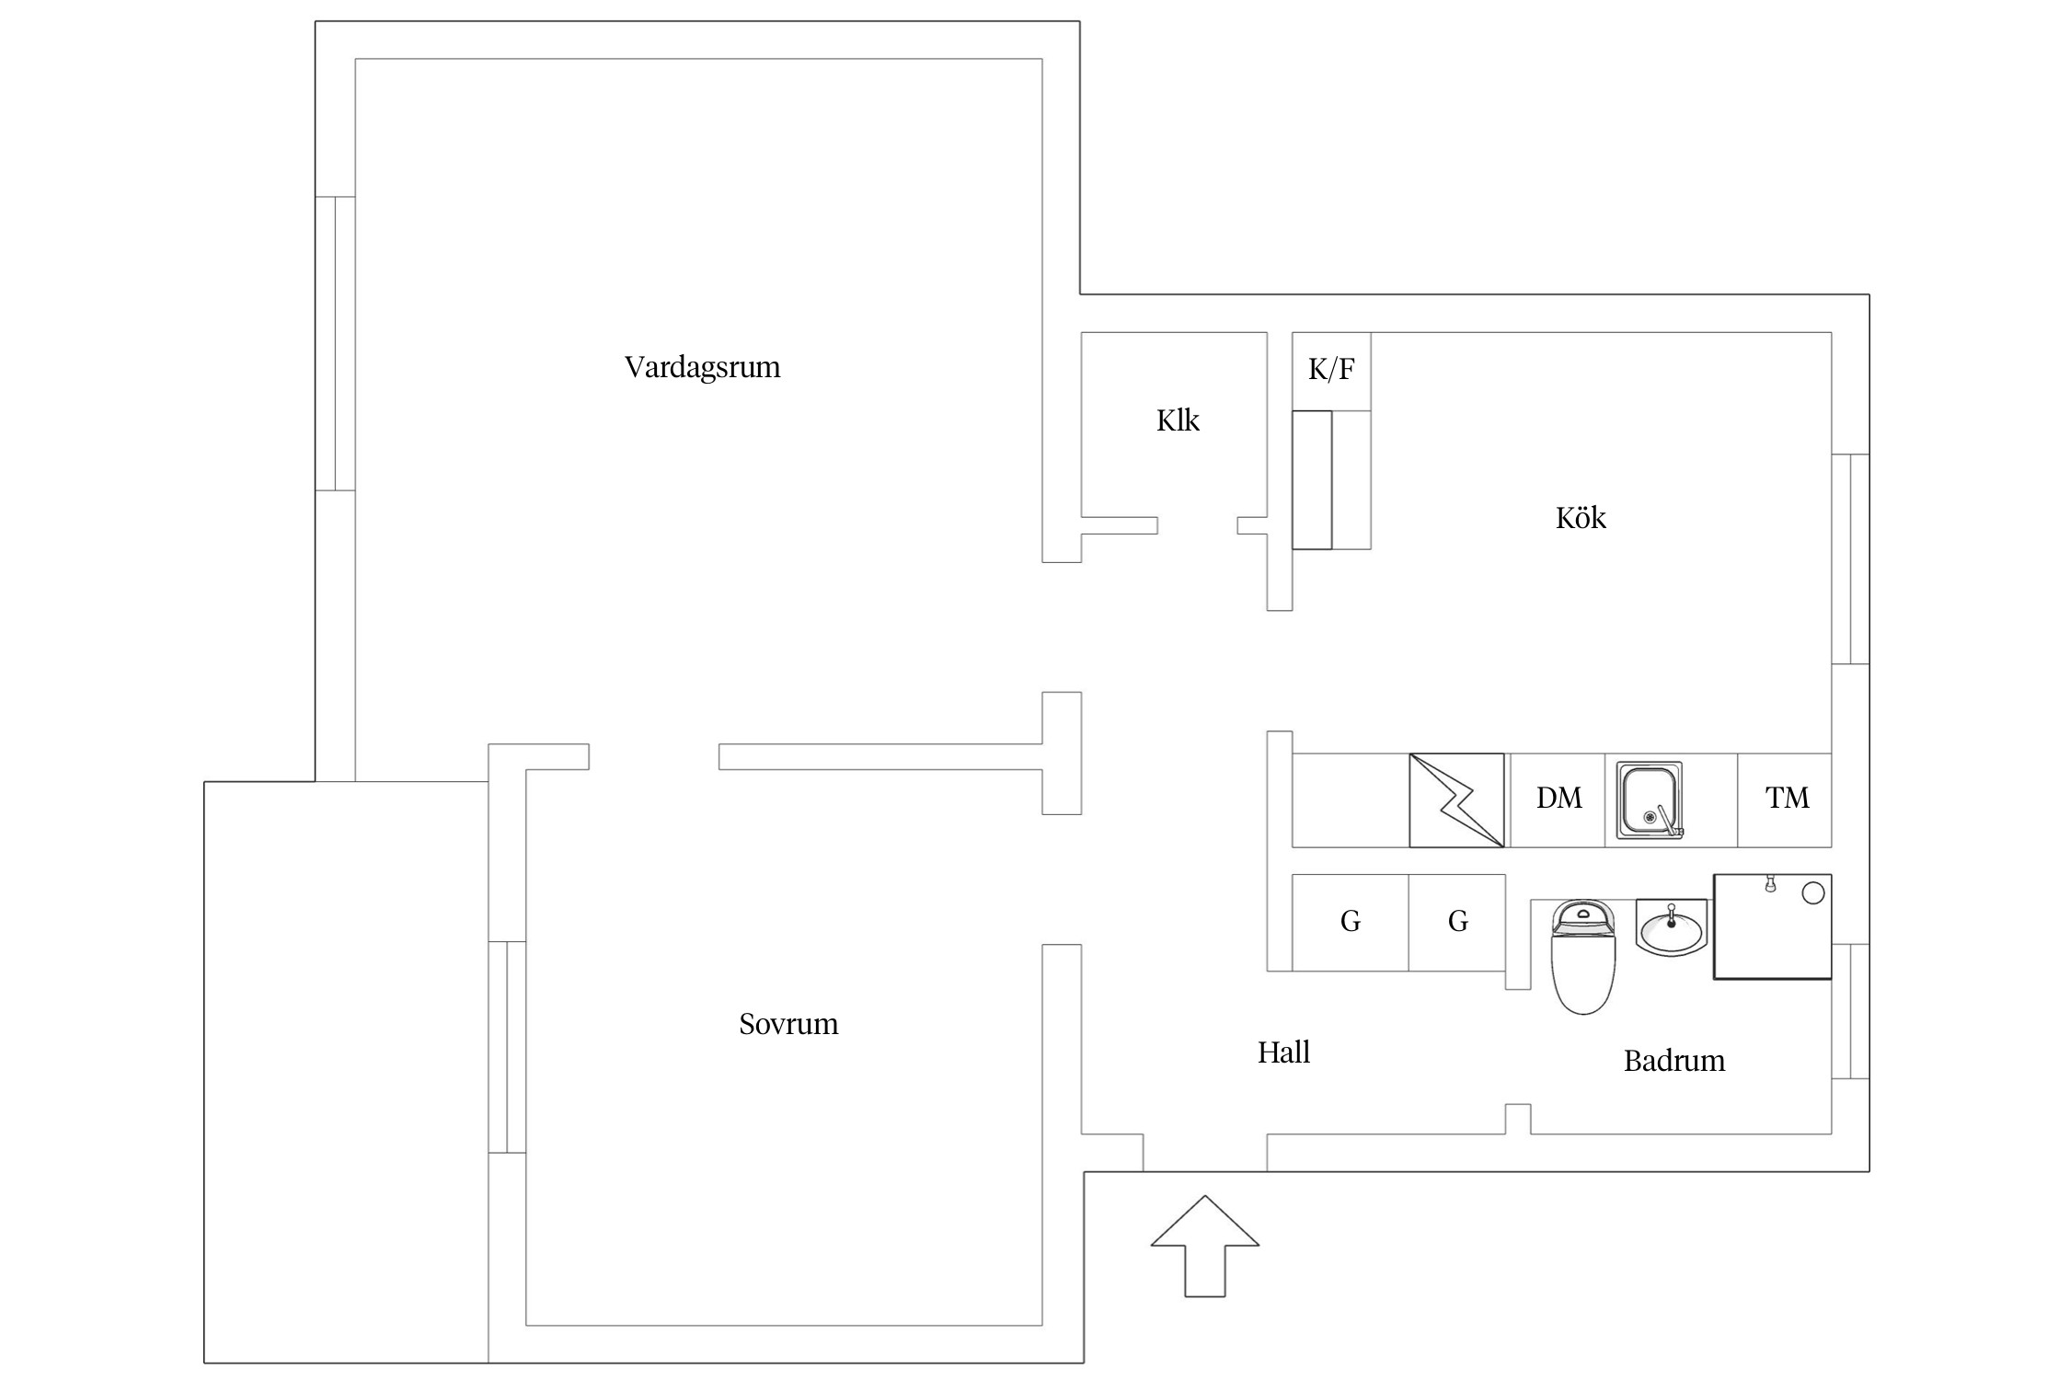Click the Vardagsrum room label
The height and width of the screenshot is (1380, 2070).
point(702,367)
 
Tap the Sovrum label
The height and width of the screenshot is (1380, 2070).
point(788,1024)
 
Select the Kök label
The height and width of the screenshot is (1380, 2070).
point(1581,518)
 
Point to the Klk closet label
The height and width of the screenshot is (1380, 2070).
point(1178,420)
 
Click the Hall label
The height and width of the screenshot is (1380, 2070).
point(1283,1052)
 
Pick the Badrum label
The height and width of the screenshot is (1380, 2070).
point(1673,1061)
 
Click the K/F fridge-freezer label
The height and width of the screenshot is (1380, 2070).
point(1331,370)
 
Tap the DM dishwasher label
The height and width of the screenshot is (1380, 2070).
point(1558,798)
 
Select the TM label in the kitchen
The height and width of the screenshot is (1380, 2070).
point(1787,798)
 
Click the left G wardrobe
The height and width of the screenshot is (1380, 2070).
point(1350,921)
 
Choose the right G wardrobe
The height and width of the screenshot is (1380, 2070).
point(1457,921)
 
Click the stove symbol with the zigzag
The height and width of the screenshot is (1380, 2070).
point(1456,800)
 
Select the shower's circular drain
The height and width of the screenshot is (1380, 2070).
point(1812,893)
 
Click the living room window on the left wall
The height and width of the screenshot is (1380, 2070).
point(336,343)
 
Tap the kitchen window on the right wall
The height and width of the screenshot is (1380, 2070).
point(1850,558)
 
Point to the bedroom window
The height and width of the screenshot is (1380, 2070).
point(507,1047)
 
